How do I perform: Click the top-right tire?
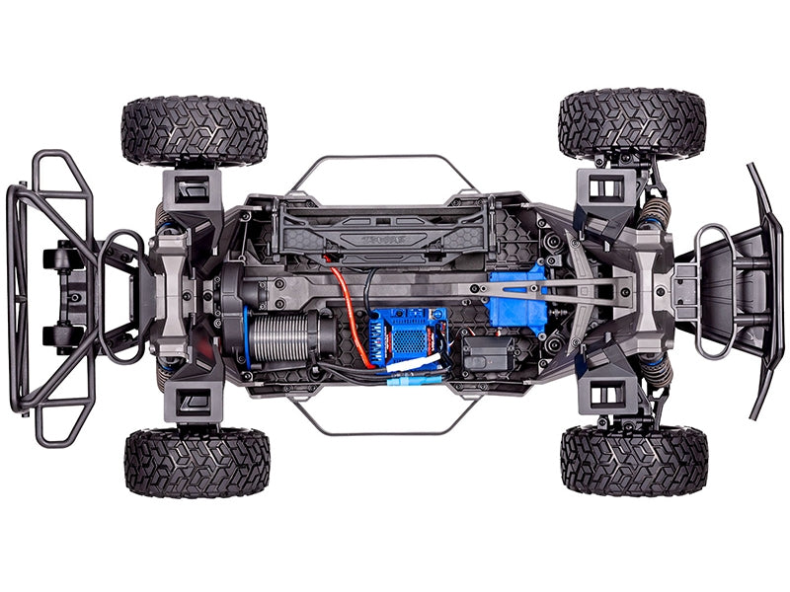tap(632, 124)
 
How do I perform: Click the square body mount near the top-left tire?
tap(193, 184)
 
